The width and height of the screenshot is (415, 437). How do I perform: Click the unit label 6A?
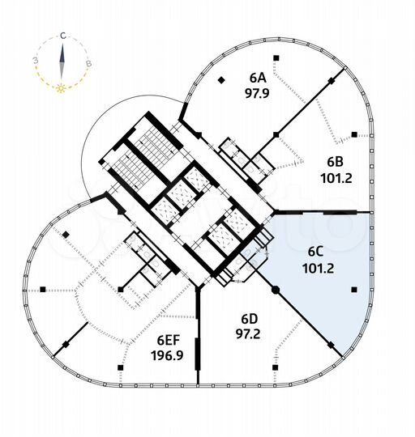258,78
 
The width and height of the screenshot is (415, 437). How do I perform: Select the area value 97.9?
257,94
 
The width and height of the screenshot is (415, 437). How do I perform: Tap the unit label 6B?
336,162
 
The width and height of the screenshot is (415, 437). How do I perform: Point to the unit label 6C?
315,252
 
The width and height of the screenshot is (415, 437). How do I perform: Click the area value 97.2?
248,334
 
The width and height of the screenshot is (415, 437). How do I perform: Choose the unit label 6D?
249,319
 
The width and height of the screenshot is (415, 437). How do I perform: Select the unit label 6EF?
169,340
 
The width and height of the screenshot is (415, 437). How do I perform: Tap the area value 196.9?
167,355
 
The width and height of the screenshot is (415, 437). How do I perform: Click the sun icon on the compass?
61,89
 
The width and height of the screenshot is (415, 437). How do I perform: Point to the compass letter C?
63,36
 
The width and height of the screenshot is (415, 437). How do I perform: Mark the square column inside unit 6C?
354,290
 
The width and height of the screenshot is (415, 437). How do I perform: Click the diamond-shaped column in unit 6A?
221,80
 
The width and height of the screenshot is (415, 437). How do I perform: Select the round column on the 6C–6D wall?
276,290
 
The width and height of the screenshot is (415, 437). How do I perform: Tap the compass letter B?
88,64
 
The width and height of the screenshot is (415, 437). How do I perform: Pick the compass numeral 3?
36,61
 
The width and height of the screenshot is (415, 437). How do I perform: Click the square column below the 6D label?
275,367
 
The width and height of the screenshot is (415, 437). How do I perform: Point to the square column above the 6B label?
354,134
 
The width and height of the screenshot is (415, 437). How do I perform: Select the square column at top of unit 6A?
276,58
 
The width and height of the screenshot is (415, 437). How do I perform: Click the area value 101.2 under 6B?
336,178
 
